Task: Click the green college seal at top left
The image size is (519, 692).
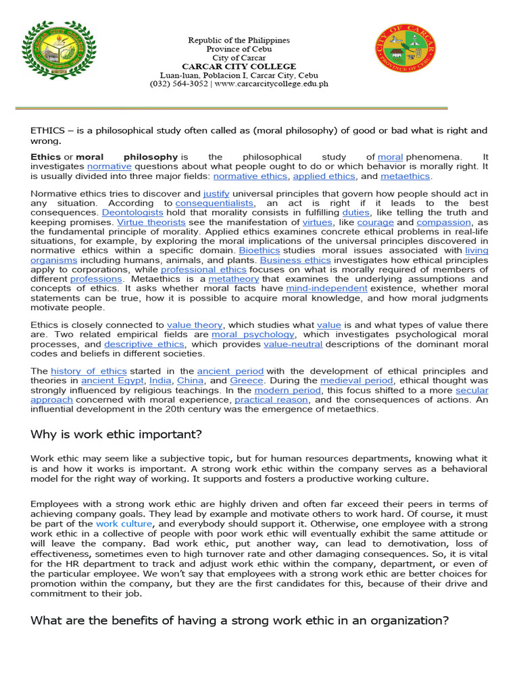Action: pyautogui.click(x=60, y=49)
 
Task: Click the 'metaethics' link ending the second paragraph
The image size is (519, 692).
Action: pyautogui.click(x=405, y=176)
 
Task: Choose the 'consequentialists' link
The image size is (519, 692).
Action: pyautogui.click(x=214, y=203)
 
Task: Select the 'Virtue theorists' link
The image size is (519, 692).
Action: pyautogui.click(x=151, y=222)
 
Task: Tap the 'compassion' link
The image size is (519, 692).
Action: pyautogui.click(x=443, y=222)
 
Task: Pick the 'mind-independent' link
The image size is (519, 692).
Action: pyautogui.click(x=326, y=289)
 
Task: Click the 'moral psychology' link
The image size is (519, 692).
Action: pyautogui.click(x=253, y=335)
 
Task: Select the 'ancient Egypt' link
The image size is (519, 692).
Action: pyautogui.click(x=112, y=381)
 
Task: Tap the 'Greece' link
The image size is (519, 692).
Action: pyautogui.click(x=247, y=381)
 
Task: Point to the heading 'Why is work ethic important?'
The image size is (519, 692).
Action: pyautogui.click(x=116, y=434)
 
